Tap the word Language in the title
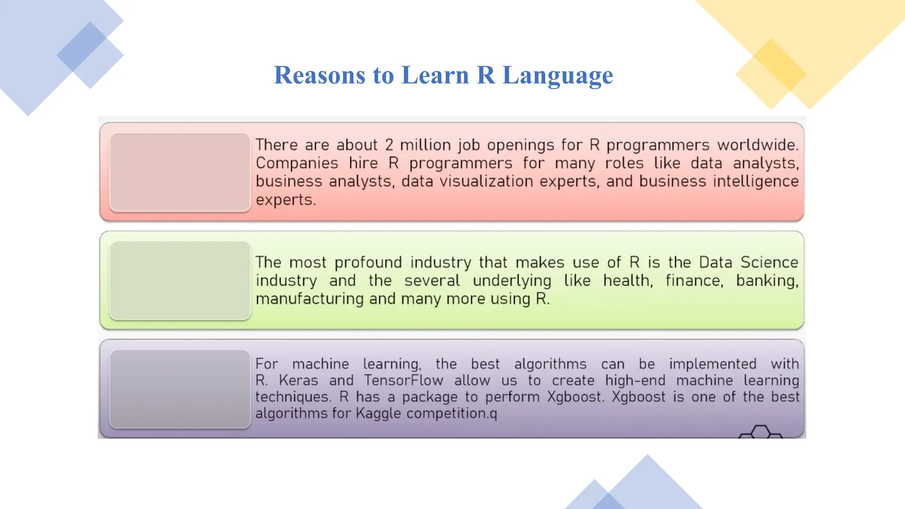click(x=558, y=75)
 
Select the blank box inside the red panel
click(x=180, y=172)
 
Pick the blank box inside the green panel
click(x=180, y=280)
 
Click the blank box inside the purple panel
click(x=180, y=389)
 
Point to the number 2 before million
click(x=389, y=145)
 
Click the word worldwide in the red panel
click(x=757, y=145)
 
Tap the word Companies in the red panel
click(x=297, y=163)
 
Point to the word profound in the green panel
click(x=368, y=263)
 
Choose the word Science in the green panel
click(x=769, y=262)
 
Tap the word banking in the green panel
click(x=767, y=281)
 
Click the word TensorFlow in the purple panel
click(x=403, y=380)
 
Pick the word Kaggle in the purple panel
click(x=378, y=414)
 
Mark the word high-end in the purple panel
click(x=635, y=380)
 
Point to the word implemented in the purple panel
click(x=712, y=364)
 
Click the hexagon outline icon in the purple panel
click(x=761, y=432)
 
